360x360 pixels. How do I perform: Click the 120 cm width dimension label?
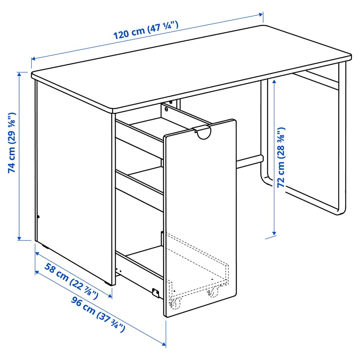pyautogui.click(x=146, y=30)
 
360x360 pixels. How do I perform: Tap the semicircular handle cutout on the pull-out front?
pyautogui.click(x=204, y=133)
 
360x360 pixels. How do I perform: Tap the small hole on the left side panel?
pyautogui.click(x=38, y=217)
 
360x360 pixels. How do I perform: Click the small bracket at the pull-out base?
pyautogui.click(x=156, y=292)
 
